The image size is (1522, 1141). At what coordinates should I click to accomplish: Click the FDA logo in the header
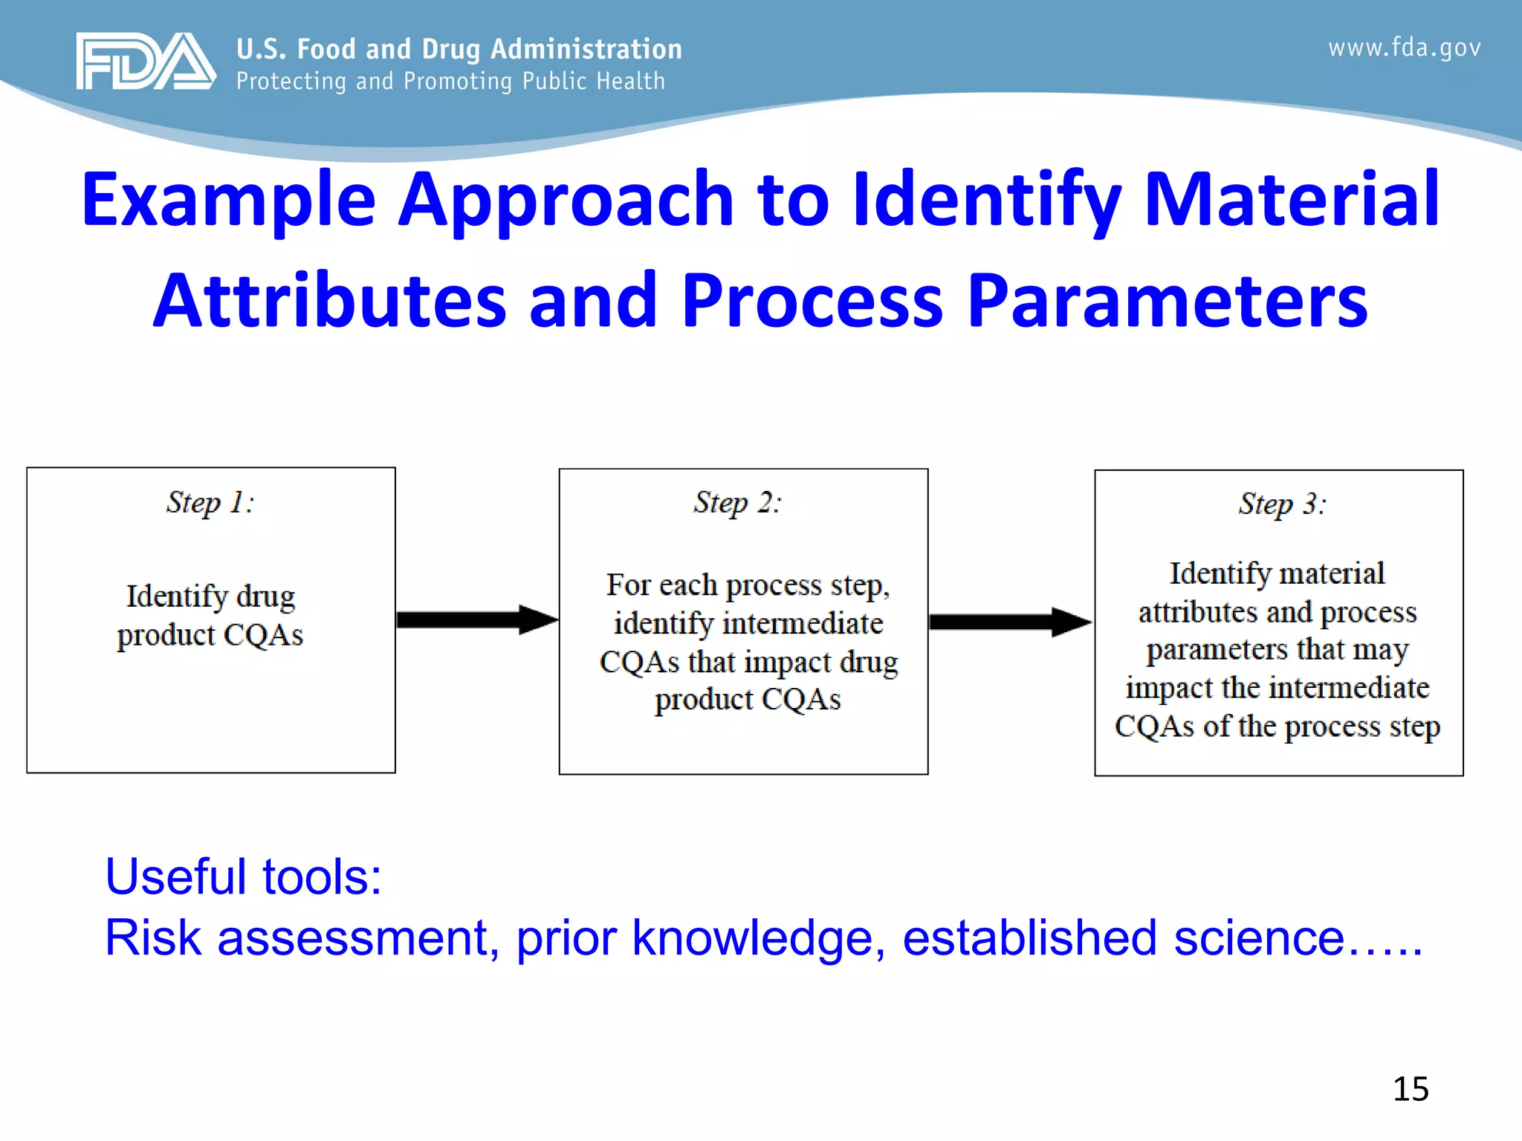click(146, 61)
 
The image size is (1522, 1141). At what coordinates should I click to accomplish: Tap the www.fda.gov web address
click(1405, 48)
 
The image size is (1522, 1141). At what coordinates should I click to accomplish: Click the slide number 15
click(1410, 1089)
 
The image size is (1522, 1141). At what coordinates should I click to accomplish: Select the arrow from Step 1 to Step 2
click(476, 620)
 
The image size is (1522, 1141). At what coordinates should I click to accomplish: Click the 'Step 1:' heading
click(210, 503)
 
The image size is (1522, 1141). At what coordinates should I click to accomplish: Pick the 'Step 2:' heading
click(737, 503)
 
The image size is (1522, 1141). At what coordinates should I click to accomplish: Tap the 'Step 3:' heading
click(1282, 504)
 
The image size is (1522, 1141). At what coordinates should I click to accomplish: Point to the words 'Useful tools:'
click(243, 877)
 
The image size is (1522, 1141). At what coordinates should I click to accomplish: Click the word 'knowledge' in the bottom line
click(752, 937)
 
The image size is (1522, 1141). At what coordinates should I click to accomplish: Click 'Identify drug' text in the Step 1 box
click(210, 596)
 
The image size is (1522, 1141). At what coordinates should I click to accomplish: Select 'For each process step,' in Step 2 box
click(748, 585)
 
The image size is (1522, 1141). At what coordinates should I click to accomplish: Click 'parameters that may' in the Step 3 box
click(1277, 650)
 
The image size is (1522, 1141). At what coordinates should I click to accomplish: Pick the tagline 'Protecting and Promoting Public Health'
click(450, 81)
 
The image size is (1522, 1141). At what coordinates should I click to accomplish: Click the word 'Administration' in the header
click(586, 49)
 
